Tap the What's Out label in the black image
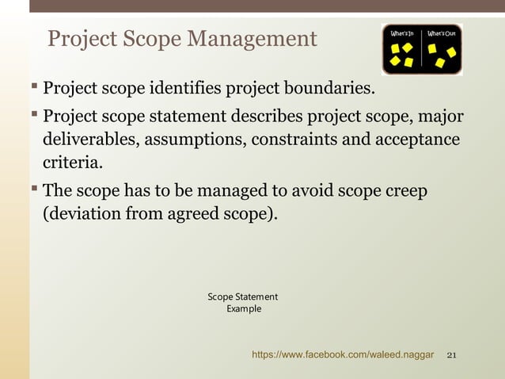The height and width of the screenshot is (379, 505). point(441,34)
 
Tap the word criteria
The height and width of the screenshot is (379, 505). point(72,164)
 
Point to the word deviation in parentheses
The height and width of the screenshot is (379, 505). point(85,214)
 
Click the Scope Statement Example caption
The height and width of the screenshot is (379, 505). point(243,303)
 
